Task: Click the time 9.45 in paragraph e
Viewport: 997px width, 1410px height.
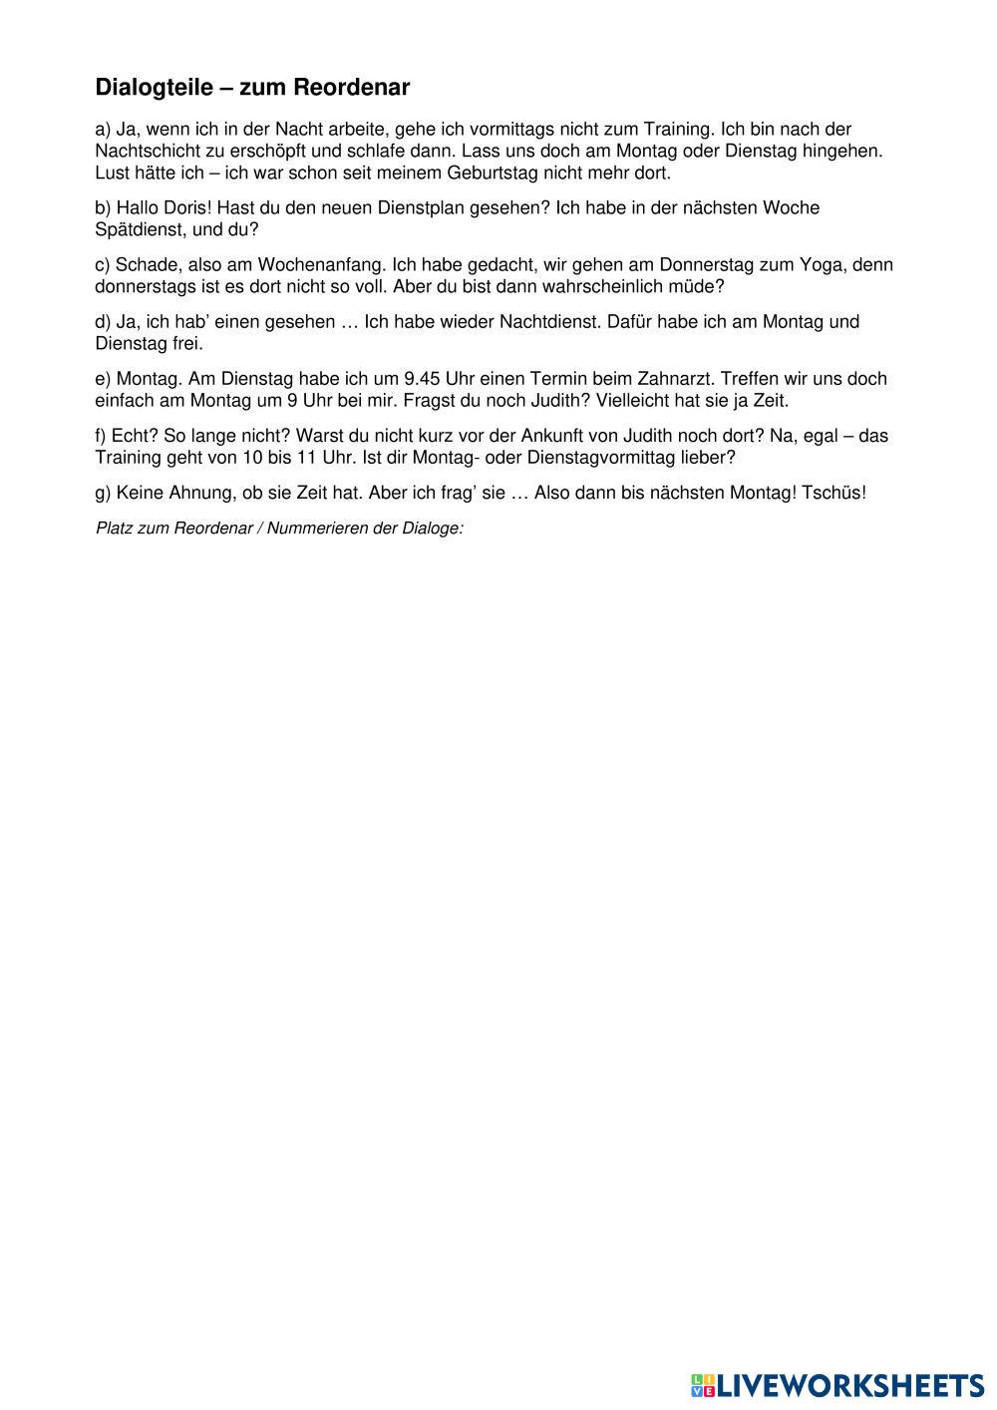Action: (x=424, y=379)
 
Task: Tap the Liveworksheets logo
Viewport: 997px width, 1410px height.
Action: (x=835, y=1385)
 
